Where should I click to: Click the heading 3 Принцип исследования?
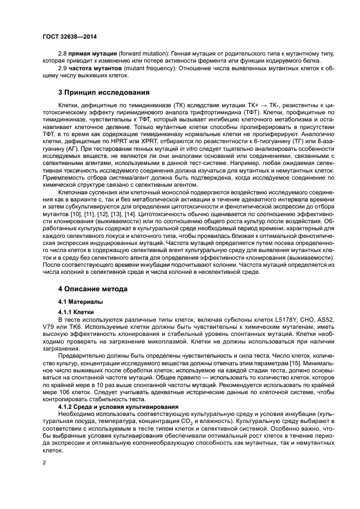coord(103,92)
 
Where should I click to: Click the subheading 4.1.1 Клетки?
coord(77,311)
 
